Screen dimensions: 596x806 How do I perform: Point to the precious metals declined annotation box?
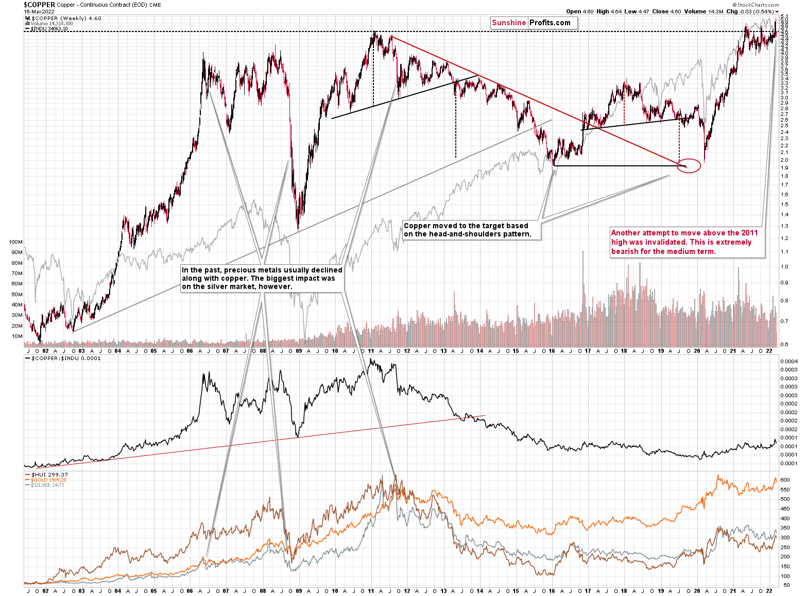[262, 278]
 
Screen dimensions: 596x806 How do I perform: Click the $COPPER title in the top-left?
[39, 5]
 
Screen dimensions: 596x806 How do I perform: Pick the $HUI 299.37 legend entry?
[49, 474]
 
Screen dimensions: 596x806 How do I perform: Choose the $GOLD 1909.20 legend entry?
[49, 480]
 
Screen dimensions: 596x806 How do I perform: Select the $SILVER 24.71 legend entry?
[47, 485]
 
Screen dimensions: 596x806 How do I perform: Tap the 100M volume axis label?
[16, 242]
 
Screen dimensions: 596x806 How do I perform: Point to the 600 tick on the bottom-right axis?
[785, 480]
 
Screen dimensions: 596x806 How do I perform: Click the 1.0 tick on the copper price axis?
[784, 266]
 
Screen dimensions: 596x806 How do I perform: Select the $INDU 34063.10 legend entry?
[49, 29]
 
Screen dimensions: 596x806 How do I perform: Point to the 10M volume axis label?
[17, 336]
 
